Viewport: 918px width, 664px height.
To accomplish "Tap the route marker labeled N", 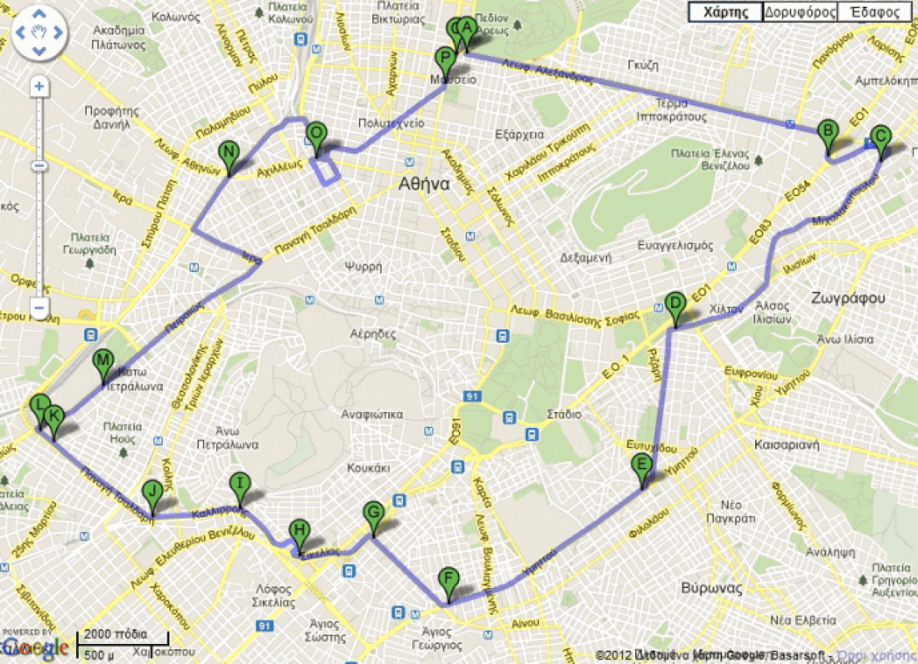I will point(228,153).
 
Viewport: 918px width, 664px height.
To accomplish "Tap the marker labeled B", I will point(827,132).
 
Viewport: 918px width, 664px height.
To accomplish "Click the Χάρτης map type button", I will point(724,13).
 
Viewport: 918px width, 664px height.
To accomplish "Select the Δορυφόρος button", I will point(799,13).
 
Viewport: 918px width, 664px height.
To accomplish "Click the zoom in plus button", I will point(38,87).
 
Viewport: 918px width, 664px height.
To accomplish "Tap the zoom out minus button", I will point(38,308).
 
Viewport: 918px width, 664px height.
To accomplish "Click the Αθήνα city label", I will point(423,184).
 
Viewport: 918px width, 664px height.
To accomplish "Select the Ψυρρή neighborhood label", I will point(363,267).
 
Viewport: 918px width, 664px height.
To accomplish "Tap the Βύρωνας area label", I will point(711,587).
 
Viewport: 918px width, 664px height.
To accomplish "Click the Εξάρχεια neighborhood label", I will point(519,134).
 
